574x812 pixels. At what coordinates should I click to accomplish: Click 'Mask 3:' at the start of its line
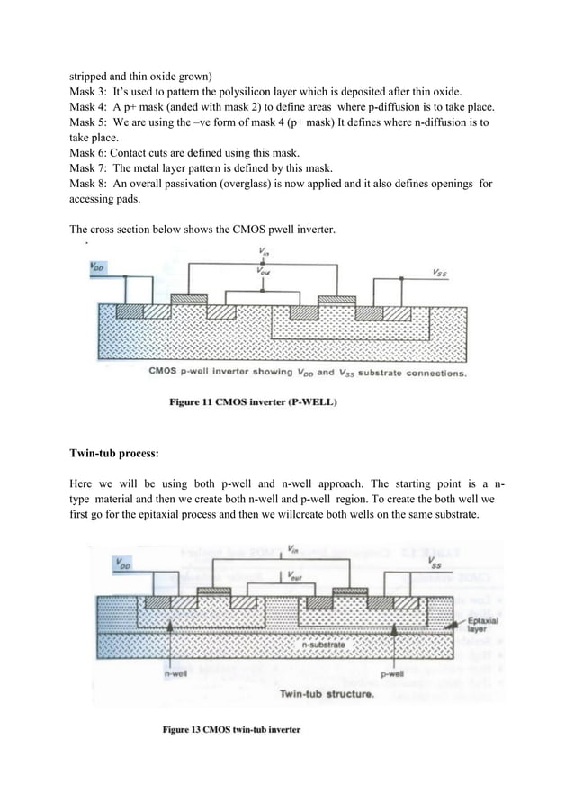point(90,93)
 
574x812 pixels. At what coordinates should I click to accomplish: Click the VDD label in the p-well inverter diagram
point(96,266)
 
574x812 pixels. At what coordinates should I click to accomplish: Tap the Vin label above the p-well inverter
point(262,251)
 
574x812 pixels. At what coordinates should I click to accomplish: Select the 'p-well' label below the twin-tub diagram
point(391,672)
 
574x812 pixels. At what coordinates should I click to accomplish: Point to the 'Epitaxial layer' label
point(482,627)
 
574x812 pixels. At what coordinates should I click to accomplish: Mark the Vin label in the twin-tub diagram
point(292,548)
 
